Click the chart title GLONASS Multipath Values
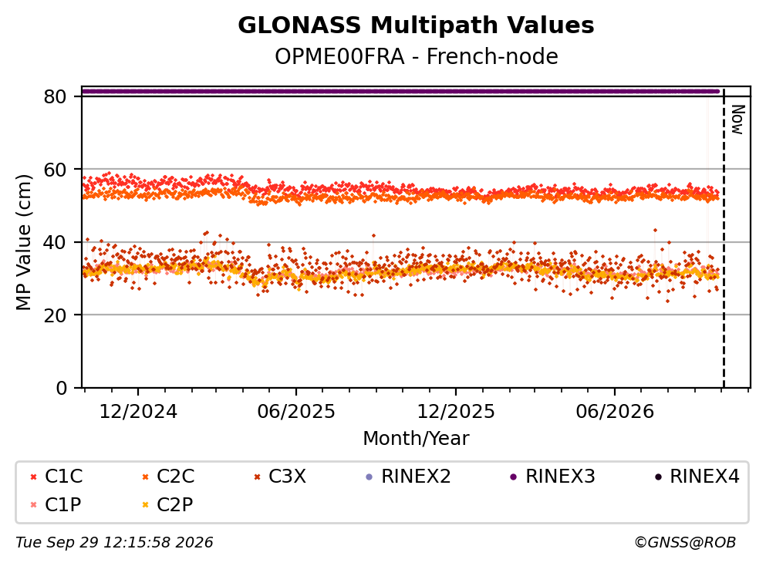[416, 25]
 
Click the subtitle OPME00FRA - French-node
[416, 56]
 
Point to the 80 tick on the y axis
[55, 96]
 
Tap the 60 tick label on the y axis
[55, 170]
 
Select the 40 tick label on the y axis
[55, 242]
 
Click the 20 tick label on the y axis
[55, 315]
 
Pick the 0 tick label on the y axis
[61, 388]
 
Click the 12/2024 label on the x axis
[138, 412]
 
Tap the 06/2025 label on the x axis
[296, 412]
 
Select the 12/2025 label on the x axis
[455, 412]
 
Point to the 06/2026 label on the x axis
[615, 412]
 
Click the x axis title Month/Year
[416, 438]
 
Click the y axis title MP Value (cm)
[23, 242]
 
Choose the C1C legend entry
[56, 476]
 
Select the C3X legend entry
[281, 476]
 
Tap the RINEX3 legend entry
[552, 476]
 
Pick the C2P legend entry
[168, 504]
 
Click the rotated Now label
[737, 120]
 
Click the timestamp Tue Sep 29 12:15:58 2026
[114, 542]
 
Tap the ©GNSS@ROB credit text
[685, 542]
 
